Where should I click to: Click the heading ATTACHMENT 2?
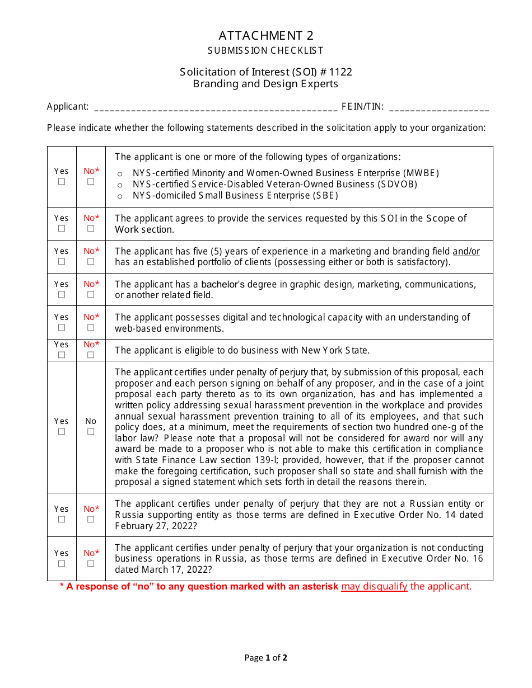[x=266, y=36]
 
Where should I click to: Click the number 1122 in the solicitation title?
[x=341, y=72]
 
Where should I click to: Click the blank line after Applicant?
[x=216, y=107]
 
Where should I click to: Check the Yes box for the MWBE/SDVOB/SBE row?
[x=62, y=182]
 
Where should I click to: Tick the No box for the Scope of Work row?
[x=91, y=228]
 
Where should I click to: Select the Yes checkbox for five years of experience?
[x=62, y=261]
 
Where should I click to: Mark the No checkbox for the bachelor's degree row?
[x=91, y=294]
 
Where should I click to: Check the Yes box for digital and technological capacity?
[x=62, y=327]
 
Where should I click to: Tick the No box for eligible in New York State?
[x=91, y=355]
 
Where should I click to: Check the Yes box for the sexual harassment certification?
[x=62, y=431]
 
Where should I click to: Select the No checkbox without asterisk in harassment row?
[x=91, y=431]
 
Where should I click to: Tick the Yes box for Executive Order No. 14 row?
[x=62, y=519]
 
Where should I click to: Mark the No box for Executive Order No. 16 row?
[x=91, y=563]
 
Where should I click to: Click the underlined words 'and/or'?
[x=466, y=251]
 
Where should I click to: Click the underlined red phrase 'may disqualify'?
[x=374, y=586]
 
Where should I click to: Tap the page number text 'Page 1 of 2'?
[x=266, y=658]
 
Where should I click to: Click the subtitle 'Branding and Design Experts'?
[x=266, y=84]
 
